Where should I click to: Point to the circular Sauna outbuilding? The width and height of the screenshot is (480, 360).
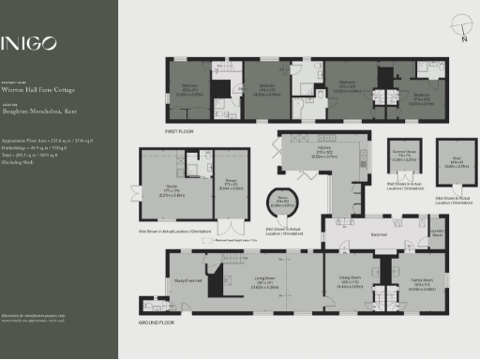tap(282, 200)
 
